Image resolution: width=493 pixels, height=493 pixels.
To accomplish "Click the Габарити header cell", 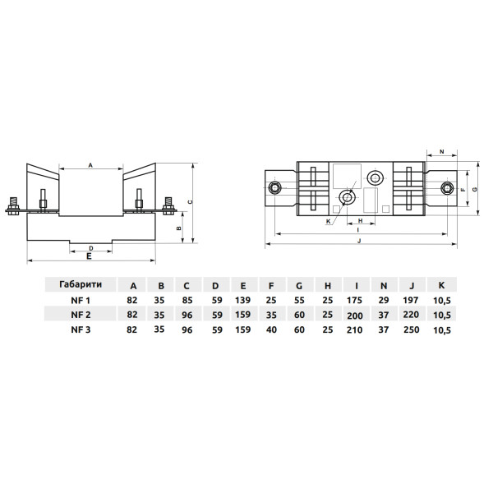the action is pyautogui.click(x=81, y=284).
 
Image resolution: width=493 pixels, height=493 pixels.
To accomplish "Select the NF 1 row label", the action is pyautogui.click(x=81, y=300).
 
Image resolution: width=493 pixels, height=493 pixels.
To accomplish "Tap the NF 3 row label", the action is pyautogui.click(x=81, y=329).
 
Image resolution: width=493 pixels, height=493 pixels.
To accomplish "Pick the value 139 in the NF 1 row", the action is pyautogui.click(x=242, y=300).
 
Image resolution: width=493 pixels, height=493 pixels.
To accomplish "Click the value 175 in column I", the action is pyautogui.click(x=355, y=300).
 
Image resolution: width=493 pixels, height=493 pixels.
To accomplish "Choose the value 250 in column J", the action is pyautogui.click(x=412, y=329).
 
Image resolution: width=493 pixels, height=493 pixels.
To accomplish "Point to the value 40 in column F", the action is pyautogui.click(x=271, y=329).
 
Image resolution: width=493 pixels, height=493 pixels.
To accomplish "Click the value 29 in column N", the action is pyautogui.click(x=383, y=300).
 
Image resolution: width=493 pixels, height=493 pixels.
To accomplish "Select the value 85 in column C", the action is pyautogui.click(x=187, y=300).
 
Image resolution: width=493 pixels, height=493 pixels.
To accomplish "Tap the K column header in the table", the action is pyautogui.click(x=441, y=285).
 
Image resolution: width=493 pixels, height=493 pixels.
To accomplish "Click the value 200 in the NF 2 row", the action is pyautogui.click(x=355, y=316).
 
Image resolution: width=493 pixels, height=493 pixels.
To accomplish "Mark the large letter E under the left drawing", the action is pyautogui.click(x=89, y=256).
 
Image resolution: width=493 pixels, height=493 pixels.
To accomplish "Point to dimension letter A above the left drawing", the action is pyautogui.click(x=90, y=165).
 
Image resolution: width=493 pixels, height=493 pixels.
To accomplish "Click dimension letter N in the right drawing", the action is pyautogui.click(x=442, y=152).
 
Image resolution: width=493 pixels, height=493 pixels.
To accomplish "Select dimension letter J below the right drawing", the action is pyautogui.click(x=360, y=241).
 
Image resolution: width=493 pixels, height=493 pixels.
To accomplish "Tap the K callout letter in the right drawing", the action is pyautogui.click(x=328, y=221).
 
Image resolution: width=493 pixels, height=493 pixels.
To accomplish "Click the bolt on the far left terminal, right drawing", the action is pyautogui.click(x=274, y=188).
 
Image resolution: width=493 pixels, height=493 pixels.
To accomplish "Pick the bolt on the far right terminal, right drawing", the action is pyautogui.click(x=447, y=188).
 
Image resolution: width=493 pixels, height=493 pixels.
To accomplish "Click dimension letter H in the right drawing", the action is pyautogui.click(x=361, y=220).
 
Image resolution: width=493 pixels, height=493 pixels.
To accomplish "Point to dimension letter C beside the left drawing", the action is pyautogui.click(x=190, y=202).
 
